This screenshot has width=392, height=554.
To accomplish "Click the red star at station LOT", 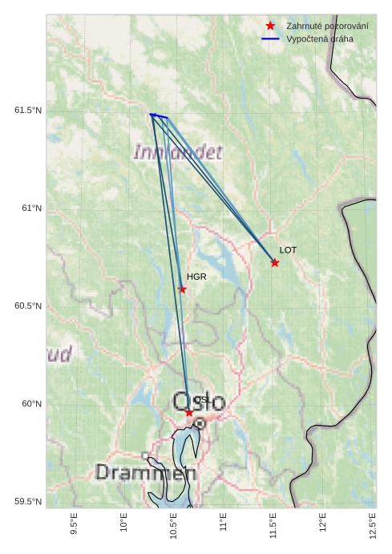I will [x=275, y=263].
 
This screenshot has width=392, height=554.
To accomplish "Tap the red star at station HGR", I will [x=182, y=289].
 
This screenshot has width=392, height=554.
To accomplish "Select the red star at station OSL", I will [x=189, y=412].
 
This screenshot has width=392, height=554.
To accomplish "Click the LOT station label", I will [x=288, y=250].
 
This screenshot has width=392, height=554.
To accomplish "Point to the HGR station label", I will [x=196, y=277].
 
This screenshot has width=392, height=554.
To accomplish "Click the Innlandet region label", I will [x=178, y=152].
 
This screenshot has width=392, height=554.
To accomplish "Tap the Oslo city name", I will [x=199, y=402].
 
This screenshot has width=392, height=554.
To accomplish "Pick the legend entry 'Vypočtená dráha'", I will [x=319, y=38].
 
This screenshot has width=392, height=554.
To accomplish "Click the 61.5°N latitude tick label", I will [x=28, y=110].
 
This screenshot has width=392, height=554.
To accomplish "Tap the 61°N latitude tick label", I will [x=31, y=208].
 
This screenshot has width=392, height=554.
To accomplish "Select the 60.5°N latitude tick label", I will [x=28, y=306].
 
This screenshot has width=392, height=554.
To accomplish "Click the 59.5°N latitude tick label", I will [x=28, y=502].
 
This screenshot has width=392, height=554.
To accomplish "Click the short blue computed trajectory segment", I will [x=159, y=116].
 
